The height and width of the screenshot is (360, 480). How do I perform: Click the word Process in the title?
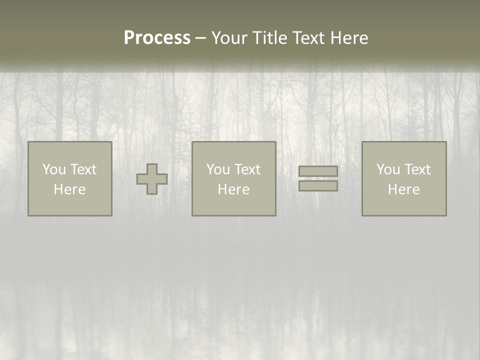[157, 38]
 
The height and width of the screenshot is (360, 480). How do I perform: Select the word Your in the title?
[230, 38]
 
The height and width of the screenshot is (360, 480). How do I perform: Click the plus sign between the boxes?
[152, 179]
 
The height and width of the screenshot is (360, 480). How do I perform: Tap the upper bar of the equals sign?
[318, 171]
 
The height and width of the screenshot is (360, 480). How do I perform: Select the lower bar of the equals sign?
[318, 186]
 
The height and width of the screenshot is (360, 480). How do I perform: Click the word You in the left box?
[54, 169]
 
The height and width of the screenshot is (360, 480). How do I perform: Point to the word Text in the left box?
[83, 169]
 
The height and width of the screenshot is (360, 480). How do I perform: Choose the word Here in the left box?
[69, 189]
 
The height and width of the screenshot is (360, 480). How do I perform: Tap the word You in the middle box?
[218, 169]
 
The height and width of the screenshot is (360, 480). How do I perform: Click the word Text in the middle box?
[247, 169]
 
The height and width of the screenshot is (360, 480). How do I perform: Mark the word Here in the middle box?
[233, 189]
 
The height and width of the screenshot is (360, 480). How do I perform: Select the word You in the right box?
[388, 169]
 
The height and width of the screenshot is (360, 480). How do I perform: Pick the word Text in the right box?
[417, 169]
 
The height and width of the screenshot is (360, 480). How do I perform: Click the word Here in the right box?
[403, 189]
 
